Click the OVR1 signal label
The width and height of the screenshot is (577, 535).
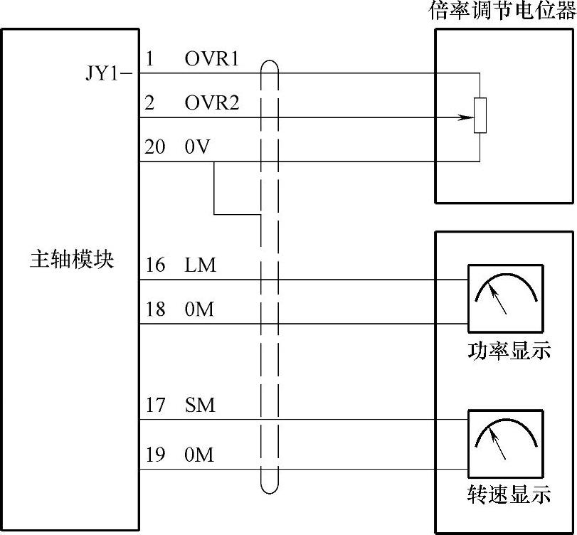point(212,60)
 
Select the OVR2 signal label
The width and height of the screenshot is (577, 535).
point(212,104)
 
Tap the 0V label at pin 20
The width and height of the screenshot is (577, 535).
point(196,148)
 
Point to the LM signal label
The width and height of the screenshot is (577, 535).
point(200,266)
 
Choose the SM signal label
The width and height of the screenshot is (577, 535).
point(200,406)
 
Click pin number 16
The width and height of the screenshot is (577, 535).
point(155,266)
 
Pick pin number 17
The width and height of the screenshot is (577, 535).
point(155,406)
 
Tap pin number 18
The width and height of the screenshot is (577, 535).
point(155,310)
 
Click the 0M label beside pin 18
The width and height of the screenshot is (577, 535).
point(199,310)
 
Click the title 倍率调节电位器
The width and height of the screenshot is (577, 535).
point(502,12)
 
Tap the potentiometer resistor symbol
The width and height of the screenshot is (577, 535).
point(480,116)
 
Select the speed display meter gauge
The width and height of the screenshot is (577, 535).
point(504,441)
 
